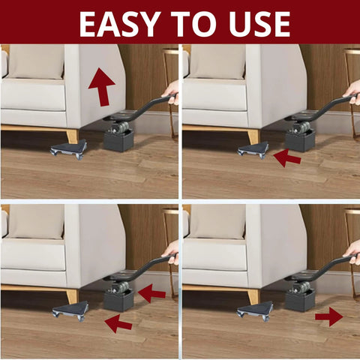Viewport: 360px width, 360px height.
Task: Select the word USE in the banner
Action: (262, 24)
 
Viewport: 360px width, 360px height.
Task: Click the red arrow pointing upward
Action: (101, 86)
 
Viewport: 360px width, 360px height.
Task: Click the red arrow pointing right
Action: (328, 316)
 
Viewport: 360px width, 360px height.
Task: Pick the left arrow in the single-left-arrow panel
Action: (286, 157)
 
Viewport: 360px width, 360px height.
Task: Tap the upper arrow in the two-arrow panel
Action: (151, 292)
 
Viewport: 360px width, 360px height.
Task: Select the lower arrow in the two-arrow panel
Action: (118, 323)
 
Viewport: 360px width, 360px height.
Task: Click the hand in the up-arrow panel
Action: (172, 91)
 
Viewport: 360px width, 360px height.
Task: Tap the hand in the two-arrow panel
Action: (172, 251)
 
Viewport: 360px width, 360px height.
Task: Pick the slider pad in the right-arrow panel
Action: (253, 310)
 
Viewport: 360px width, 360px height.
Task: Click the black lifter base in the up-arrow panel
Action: (118, 139)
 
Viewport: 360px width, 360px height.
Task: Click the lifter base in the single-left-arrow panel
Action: (300, 139)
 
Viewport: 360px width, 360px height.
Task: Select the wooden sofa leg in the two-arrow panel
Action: (73, 295)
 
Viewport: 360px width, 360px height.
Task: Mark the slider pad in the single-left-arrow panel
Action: (253, 150)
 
